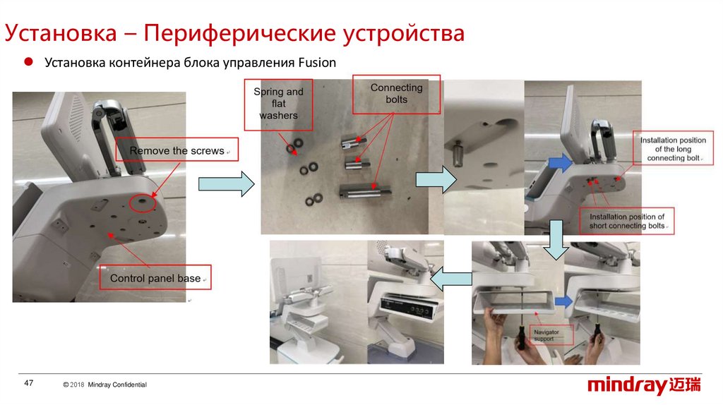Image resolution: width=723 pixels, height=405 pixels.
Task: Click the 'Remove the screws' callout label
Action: (x=177, y=150)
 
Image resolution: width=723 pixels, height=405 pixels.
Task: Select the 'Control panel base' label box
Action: (x=155, y=278)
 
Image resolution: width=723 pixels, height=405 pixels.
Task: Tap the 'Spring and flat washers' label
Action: (x=278, y=104)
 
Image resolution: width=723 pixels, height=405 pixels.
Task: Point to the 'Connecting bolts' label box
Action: (x=396, y=94)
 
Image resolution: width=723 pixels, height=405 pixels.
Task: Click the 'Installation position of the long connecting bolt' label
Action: (x=673, y=150)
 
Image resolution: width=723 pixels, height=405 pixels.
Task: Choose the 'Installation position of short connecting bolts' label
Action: (x=626, y=222)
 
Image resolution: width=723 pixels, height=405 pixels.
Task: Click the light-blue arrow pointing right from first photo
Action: (x=226, y=184)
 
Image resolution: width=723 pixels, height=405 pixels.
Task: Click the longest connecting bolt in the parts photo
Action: (x=365, y=188)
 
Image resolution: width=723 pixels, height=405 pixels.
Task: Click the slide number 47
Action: (x=29, y=383)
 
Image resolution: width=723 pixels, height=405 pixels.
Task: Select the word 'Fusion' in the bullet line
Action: (x=316, y=62)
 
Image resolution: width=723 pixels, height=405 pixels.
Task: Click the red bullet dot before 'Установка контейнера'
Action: (x=30, y=62)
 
